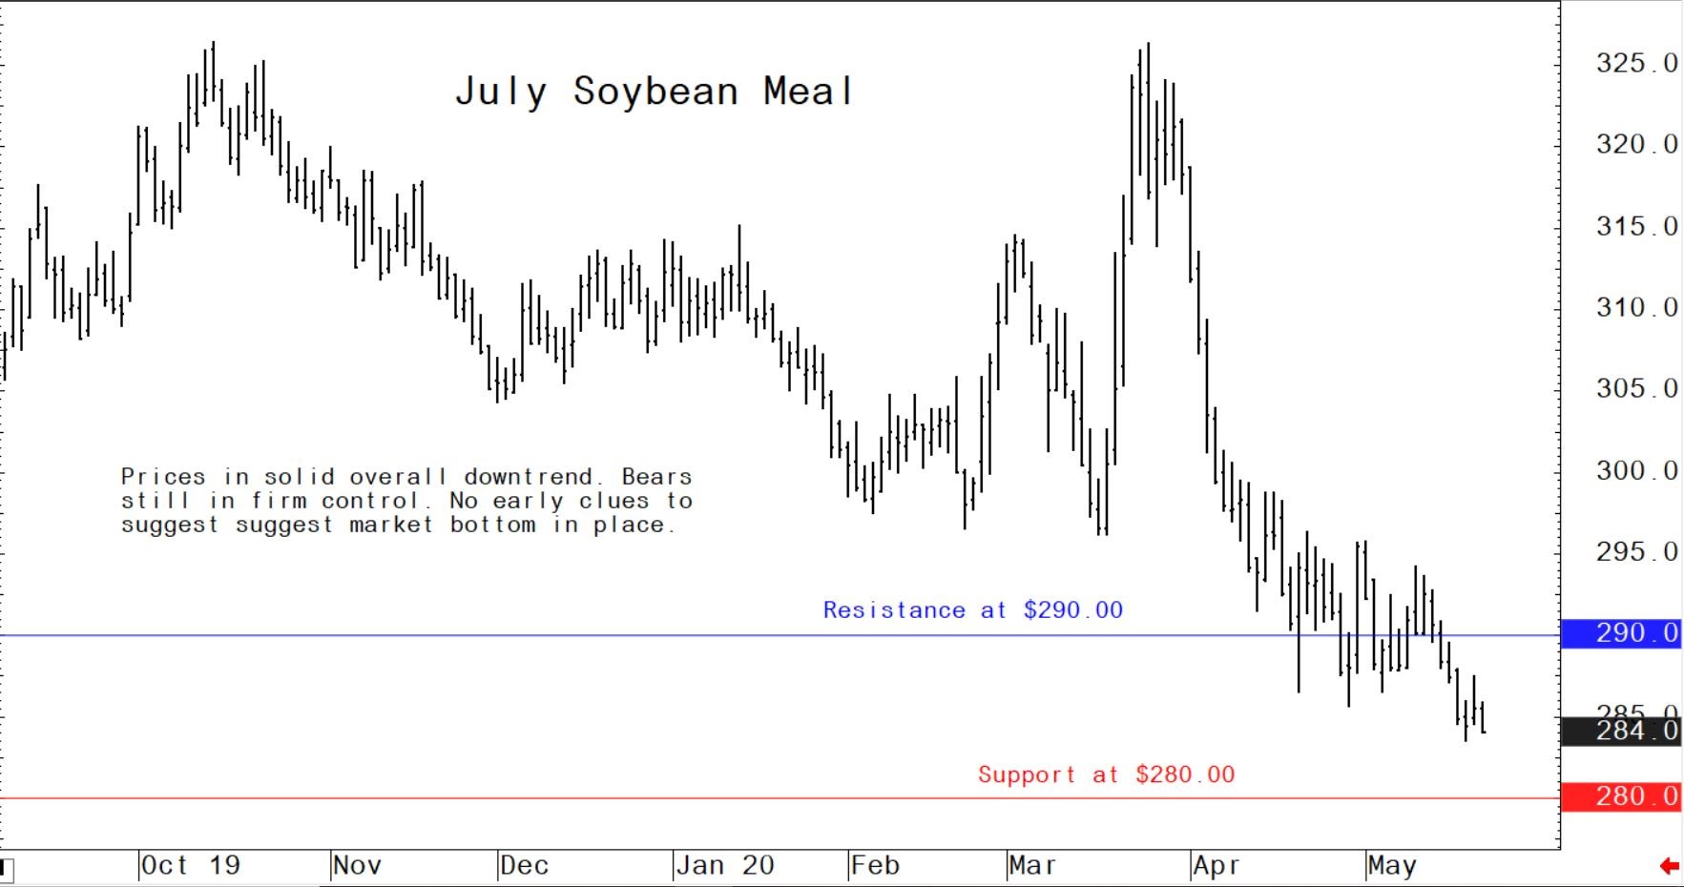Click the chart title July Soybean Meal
point(654,92)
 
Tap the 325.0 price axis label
point(1635,64)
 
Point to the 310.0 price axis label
point(1635,308)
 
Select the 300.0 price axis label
point(1635,471)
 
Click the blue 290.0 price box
point(1621,633)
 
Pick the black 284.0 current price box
point(1621,732)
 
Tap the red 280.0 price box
point(1621,796)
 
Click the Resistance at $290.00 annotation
point(972,610)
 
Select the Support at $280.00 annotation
point(1106,774)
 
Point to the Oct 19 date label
point(190,866)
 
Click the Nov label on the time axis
point(357,866)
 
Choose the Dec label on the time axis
point(524,866)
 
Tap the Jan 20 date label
point(724,866)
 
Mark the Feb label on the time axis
point(875,866)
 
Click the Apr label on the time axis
point(1216,866)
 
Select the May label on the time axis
point(1392,866)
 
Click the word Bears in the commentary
point(656,477)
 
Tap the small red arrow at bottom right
point(1669,866)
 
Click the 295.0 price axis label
point(1635,552)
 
